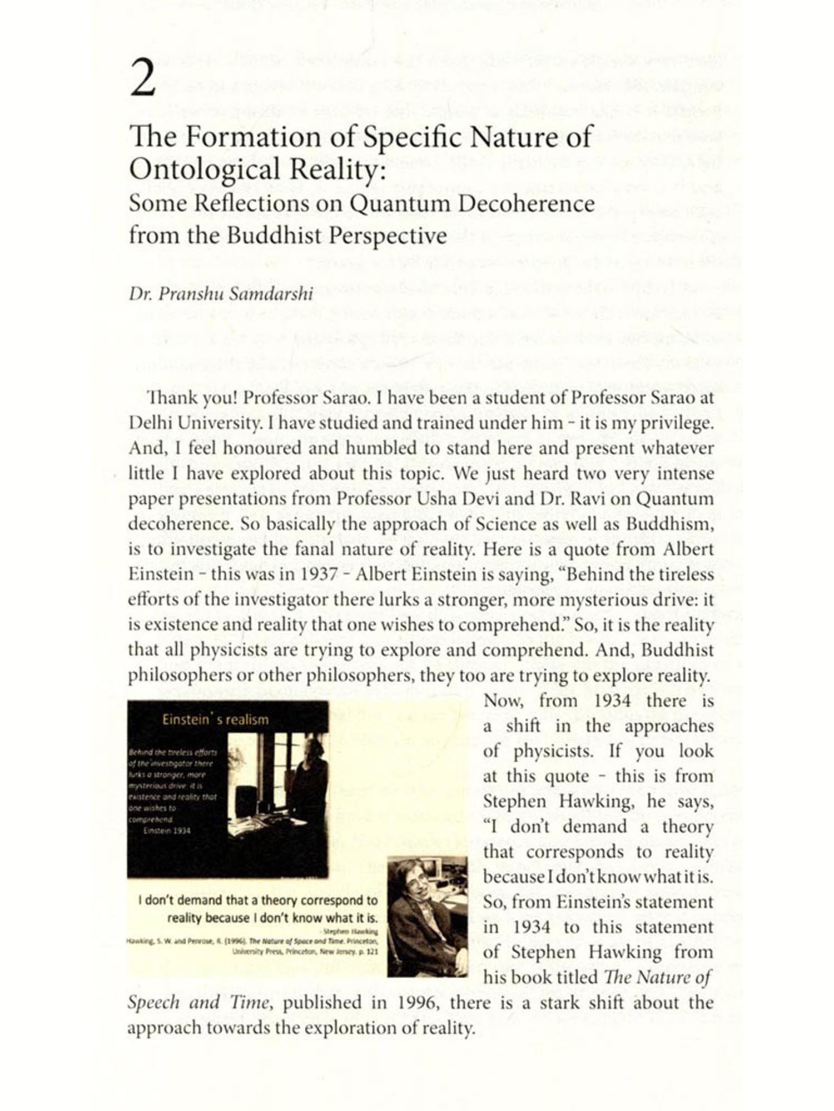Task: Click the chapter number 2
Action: pyautogui.click(x=143, y=79)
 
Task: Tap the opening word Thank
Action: pyautogui.click(x=167, y=398)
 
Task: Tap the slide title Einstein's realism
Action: pyautogui.click(x=215, y=720)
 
